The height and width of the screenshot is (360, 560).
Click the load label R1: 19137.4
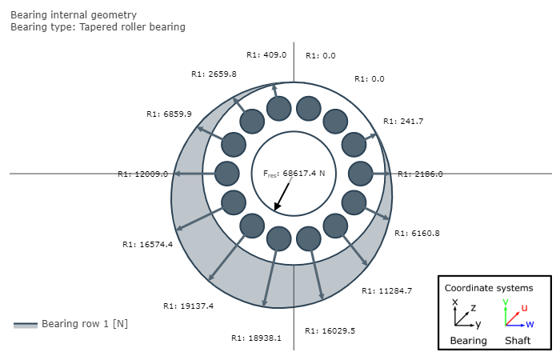[x=188, y=306]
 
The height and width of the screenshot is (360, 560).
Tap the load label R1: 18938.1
[x=256, y=338]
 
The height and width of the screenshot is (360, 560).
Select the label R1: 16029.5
[x=330, y=330]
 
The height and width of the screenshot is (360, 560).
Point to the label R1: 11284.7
[x=386, y=290]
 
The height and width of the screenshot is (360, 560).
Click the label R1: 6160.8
[x=417, y=234]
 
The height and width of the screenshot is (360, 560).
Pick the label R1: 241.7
[x=403, y=122]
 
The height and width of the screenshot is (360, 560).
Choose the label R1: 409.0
[x=266, y=54]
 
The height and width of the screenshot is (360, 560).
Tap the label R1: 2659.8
[x=214, y=74]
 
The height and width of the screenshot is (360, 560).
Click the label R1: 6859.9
[x=169, y=114]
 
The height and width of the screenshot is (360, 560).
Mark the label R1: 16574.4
[x=147, y=244]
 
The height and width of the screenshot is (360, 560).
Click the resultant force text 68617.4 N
[x=304, y=174]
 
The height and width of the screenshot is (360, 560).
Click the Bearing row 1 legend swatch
[x=26, y=325]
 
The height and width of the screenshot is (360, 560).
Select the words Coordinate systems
[x=489, y=288]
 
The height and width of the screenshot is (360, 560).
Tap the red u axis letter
[x=524, y=308]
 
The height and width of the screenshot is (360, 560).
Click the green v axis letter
[x=506, y=302]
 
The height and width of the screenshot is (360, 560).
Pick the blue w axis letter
[x=530, y=324]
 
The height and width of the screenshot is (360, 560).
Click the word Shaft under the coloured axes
[x=518, y=340]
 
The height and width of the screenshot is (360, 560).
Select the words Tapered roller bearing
[x=133, y=27]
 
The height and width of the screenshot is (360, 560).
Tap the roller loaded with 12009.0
[x=226, y=174]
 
